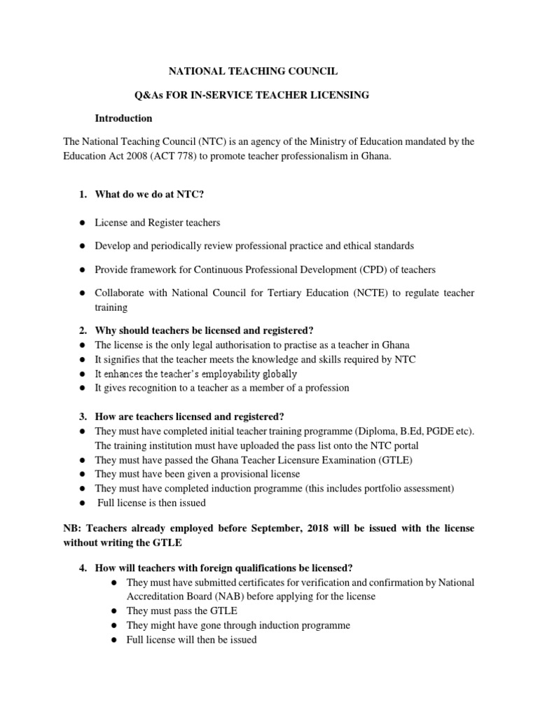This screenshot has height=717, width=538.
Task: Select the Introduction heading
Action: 123,118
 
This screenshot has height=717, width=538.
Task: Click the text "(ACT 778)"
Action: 182,156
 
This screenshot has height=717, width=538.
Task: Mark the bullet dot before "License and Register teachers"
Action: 82,223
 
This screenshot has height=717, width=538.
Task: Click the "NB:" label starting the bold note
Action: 73,527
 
